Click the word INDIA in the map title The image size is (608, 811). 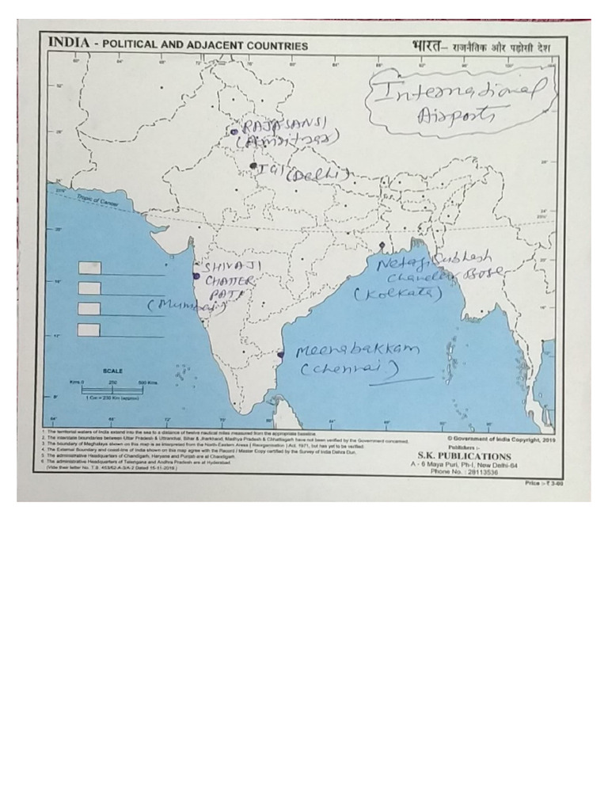66,44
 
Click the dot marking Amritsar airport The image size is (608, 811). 234,131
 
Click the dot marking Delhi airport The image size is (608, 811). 253,166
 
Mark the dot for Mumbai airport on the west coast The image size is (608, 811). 196,276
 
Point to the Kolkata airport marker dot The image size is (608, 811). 382,246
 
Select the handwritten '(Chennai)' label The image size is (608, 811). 348,370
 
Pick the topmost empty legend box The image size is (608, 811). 89,268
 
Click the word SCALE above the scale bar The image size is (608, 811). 112,371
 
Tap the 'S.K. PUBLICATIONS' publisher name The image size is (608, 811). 464,456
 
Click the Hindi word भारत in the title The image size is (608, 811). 428,44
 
